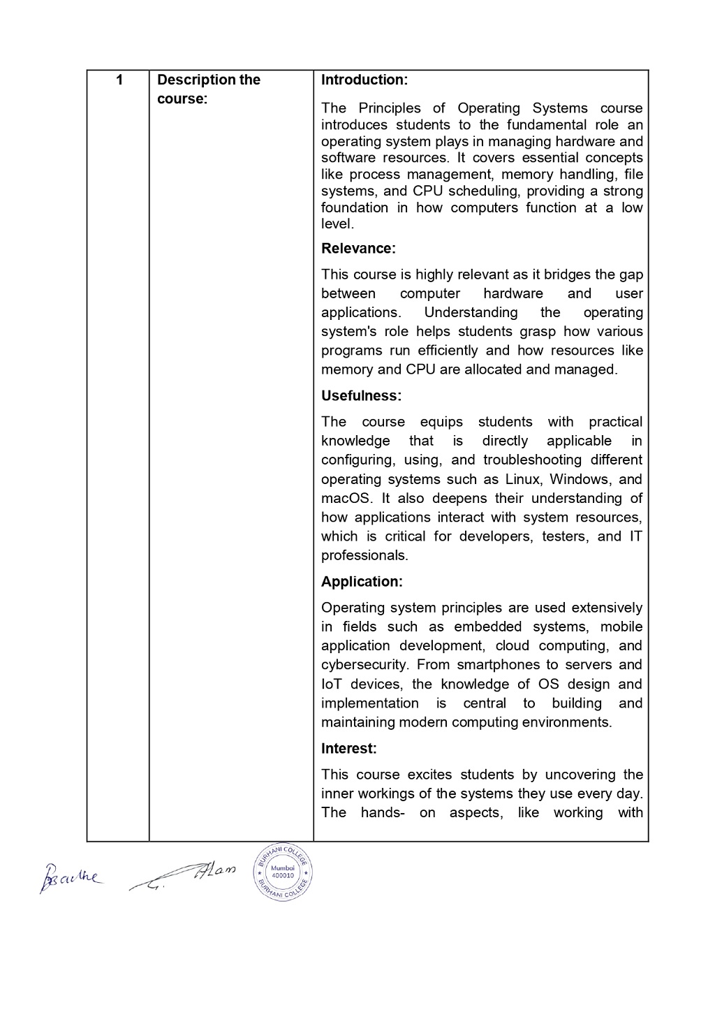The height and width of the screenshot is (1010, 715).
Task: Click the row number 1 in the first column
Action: point(119,80)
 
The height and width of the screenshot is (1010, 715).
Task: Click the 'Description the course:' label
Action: point(208,89)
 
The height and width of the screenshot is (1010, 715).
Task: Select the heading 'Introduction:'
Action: point(364,80)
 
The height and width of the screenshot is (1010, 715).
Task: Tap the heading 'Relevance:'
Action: point(358,249)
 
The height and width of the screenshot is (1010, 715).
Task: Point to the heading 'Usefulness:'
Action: point(361,396)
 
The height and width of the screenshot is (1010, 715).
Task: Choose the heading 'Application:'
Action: point(362,582)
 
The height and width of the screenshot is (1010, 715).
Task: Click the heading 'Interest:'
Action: point(348,749)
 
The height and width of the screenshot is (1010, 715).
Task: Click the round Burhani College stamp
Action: point(283,871)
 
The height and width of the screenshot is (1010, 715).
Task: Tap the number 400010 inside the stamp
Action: point(283,875)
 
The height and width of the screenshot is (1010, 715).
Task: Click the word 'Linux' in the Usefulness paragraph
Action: point(522,480)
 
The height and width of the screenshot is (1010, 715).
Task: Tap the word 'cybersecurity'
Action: point(364,665)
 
